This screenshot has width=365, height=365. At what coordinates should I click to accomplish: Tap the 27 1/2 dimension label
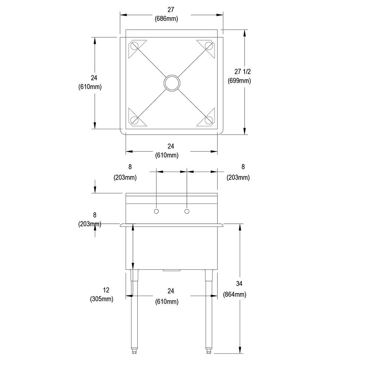(x=242, y=72)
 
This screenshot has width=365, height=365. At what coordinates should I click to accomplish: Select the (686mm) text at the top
(x=166, y=19)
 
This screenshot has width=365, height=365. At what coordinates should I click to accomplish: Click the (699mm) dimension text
(x=239, y=81)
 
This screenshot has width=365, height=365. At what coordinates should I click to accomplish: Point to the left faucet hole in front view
(x=157, y=211)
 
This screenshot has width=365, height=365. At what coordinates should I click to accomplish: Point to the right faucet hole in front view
(x=187, y=211)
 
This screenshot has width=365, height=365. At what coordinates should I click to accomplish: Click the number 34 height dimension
(x=239, y=284)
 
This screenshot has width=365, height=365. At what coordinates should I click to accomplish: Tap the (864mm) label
(x=235, y=295)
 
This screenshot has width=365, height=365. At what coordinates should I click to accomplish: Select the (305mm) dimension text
(x=102, y=299)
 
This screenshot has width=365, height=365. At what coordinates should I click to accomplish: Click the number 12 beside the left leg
(x=106, y=290)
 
